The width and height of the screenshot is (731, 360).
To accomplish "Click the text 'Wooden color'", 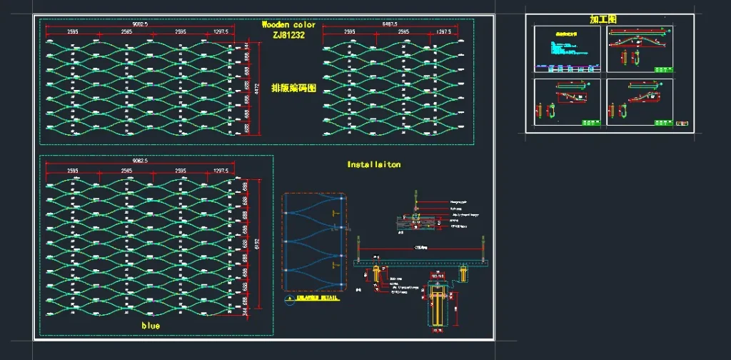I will pos(288,24).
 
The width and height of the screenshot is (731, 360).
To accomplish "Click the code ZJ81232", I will pos(288,34).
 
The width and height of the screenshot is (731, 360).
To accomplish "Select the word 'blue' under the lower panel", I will pos(151,326).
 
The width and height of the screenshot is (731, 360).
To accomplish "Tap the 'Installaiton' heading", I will pos(374,164).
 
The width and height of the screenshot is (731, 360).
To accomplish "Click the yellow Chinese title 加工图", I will pos(603,19).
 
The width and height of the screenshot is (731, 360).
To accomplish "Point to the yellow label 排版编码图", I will pos(293,88).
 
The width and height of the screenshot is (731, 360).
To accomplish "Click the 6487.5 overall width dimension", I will pos(390,24).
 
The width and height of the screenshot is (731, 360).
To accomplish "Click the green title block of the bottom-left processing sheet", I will pos(590,123).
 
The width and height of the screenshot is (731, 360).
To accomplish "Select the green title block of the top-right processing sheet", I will pos(662,68).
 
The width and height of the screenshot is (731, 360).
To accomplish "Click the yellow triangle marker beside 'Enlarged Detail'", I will pos(289,297).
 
